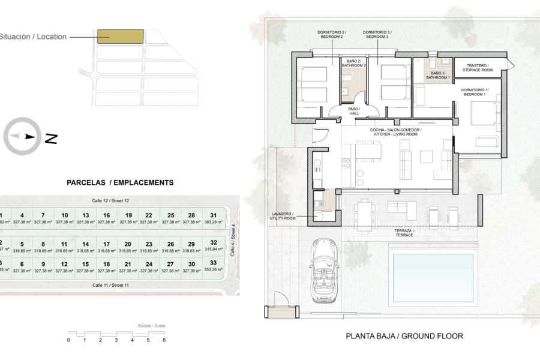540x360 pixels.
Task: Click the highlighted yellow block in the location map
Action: (x=121, y=37)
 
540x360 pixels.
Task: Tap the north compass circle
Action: (x=23, y=136)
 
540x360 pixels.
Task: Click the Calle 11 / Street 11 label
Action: (x=110, y=285)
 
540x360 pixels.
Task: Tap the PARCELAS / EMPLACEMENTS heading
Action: (x=120, y=182)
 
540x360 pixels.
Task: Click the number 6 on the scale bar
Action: (x=164, y=340)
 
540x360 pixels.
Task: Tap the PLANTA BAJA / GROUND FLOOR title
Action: (x=404, y=337)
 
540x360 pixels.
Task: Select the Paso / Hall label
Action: (x=354, y=112)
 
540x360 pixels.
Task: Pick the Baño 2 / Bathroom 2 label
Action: (x=353, y=63)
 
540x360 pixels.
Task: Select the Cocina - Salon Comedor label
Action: (x=396, y=132)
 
